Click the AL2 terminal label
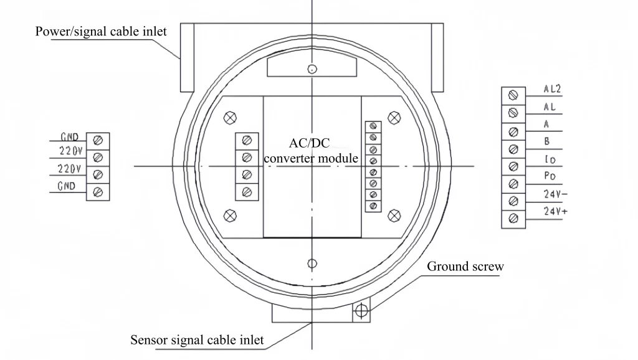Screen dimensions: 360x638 pyautogui.click(x=553, y=89)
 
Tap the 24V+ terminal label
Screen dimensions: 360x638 pyautogui.click(x=555, y=212)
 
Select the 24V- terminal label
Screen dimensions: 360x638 pyautogui.click(x=555, y=194)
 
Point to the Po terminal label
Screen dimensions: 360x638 pyautogui.click(x=550, y=176)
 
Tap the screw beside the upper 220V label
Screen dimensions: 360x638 pyautogui.click(x=98, y=158)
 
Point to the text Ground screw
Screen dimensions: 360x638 pyautogui.click(x=465, y=267)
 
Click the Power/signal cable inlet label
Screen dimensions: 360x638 pyautogui.click(x=101, y=31)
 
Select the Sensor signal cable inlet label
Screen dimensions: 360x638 pyautogui.click(x=197, y=340)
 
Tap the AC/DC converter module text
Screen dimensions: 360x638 pyautogui.click(x=311, y=150)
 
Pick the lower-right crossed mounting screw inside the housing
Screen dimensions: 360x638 pyautogui.click(x=393, y=216)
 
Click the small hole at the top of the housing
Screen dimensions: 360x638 pyautogui.click(x=312, y=68)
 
